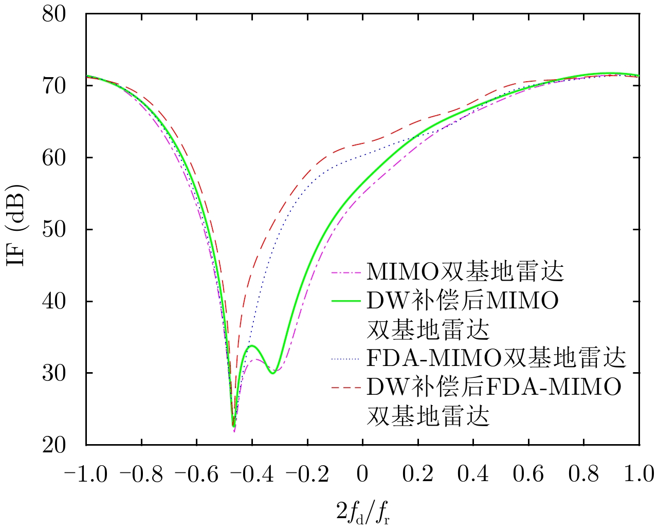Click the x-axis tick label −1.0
point(86,474)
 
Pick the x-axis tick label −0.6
point(196,474)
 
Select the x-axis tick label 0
point(363,474)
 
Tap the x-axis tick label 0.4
point(473,474)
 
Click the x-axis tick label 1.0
point(639,474)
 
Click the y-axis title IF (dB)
point(16,229)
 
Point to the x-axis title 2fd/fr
point(363,512)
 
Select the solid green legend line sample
point(347,301)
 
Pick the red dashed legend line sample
point(347,387)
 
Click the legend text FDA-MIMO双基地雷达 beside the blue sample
point(496,358)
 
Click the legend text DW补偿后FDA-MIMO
point(494,387)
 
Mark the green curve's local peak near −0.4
point(252,346)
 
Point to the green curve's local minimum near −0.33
point(272,373)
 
